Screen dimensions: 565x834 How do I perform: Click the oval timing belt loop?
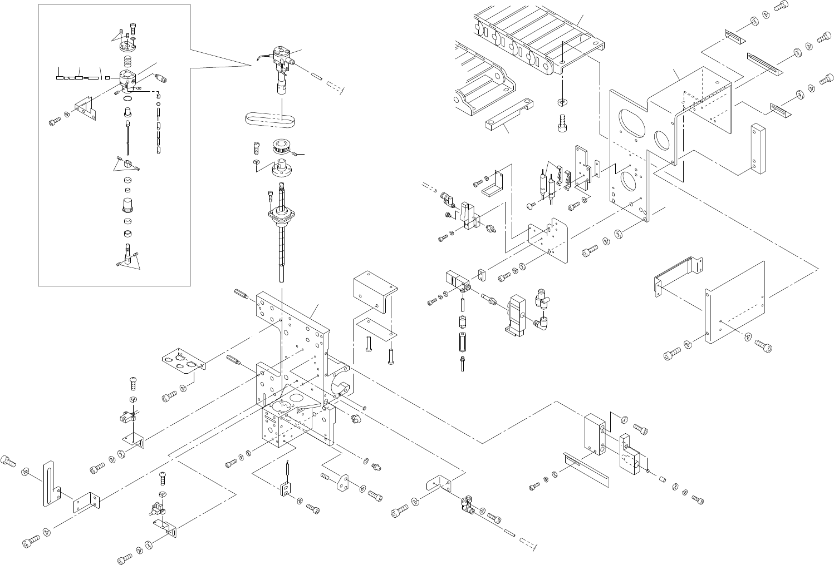271,118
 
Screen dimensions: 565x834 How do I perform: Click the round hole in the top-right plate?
662,140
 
